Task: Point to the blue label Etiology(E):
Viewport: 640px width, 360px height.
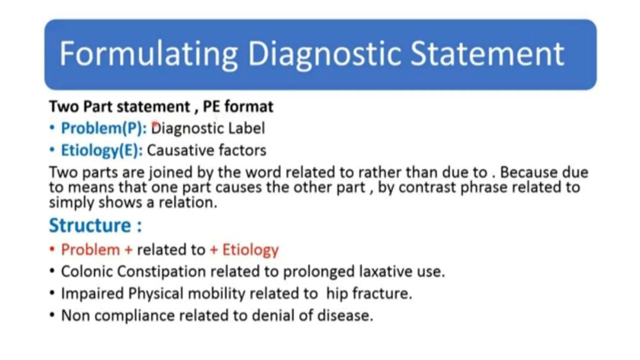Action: (x=102, y=150)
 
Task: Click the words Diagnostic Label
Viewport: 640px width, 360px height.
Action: (x=208, y=128)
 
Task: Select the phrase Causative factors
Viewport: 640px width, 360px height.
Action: (x=207, y=150)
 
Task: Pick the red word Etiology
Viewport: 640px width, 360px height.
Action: (x=250, y=250)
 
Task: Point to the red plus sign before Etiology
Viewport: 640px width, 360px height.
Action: (x=214, y=250)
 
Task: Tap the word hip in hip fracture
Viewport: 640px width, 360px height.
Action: (x=337, y=293)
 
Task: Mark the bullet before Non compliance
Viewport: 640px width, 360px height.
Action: (x=52, y=315)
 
